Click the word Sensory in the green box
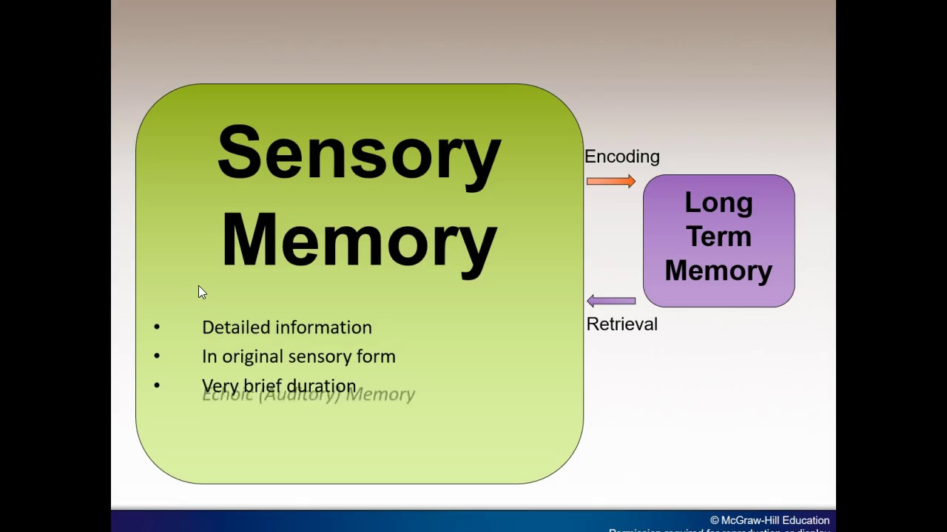[x=359, y=154]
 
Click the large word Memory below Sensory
[x=359, y=241]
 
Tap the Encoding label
[x=621, y=157]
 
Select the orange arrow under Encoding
[x=610, y=181]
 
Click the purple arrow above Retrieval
[x=611, y=301]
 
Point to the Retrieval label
[x=621, y=324]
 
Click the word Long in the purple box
[x=718, y=202]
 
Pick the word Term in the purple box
[x=718, y=236]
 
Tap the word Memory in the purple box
[x=718, y=270]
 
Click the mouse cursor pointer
[x=201, y=292]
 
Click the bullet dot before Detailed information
[x=157, y=327]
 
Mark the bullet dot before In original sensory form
[x=157, y=356]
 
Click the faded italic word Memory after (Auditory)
[x=381, y=395]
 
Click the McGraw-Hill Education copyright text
[x=769, y=520]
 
